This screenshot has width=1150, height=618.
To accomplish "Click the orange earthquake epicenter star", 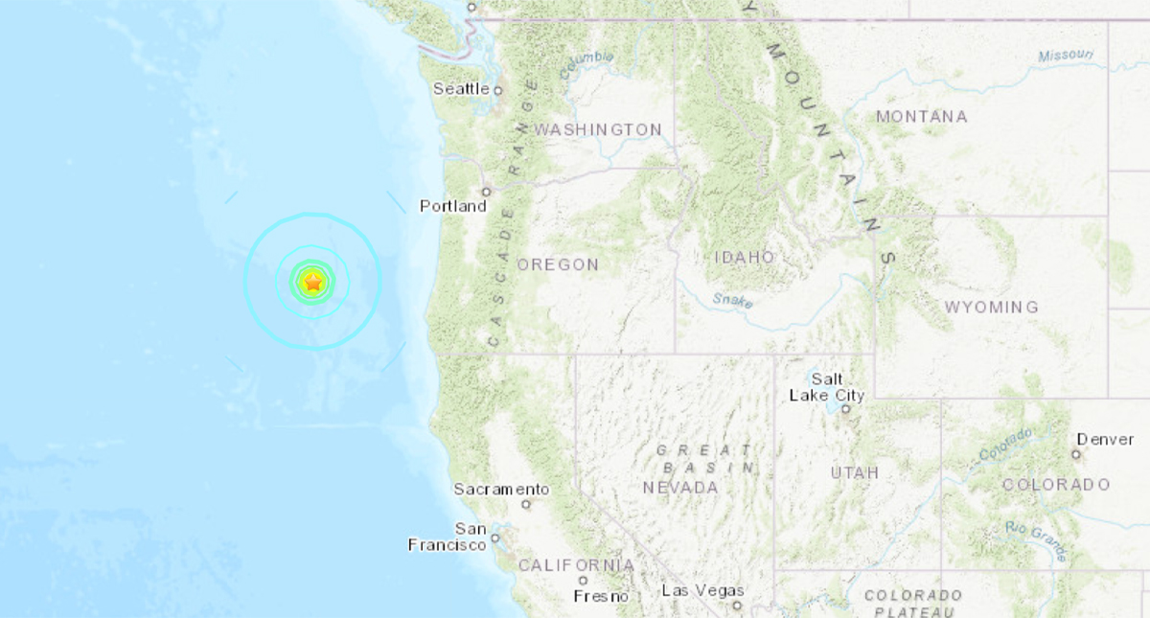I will (x=312, y=282).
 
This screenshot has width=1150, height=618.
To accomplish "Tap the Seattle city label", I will (x=461, y=89).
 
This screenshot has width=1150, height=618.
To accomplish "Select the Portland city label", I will (x=453, y=206).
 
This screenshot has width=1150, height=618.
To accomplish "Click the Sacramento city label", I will (x=501, y=489).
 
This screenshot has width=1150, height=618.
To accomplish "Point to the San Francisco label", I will (x=448, y=537).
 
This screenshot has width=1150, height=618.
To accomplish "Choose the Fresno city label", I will (x=601, y=596).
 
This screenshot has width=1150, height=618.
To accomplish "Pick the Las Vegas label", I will (x=702, y=590).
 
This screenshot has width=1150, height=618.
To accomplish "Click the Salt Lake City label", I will (x=827, y=387).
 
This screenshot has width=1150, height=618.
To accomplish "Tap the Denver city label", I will (x=1105, y=440).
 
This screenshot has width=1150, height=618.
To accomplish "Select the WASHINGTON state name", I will (x=598, y=129).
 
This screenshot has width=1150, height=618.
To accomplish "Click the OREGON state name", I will (x=558, y=264).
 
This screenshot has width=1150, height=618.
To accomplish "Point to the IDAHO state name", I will (x=745, y=258).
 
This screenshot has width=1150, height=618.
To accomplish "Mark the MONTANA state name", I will (x=921, y=117).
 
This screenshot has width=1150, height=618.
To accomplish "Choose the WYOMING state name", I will (x=991, y=308).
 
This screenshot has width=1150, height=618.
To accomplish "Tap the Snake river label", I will (x=733, y=300).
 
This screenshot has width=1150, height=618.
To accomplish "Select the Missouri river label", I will (x=1064, y=57).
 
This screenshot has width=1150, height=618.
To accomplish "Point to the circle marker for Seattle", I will (x=497, y=90).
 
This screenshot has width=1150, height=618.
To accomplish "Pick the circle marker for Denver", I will (x=1076, y=454).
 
